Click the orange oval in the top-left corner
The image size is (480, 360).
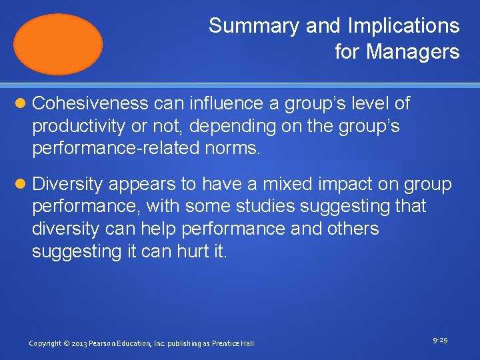pyautogui.click(x=59, y=44)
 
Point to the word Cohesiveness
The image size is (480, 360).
pyautogui.click(x=90, y=103)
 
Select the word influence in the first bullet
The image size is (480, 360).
pyautogui.click(x=213, y=103)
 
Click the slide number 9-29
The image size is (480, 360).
pyautogui.click(x=439, y=340)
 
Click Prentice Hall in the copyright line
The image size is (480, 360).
pyautogui.click(x=233, y=343)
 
